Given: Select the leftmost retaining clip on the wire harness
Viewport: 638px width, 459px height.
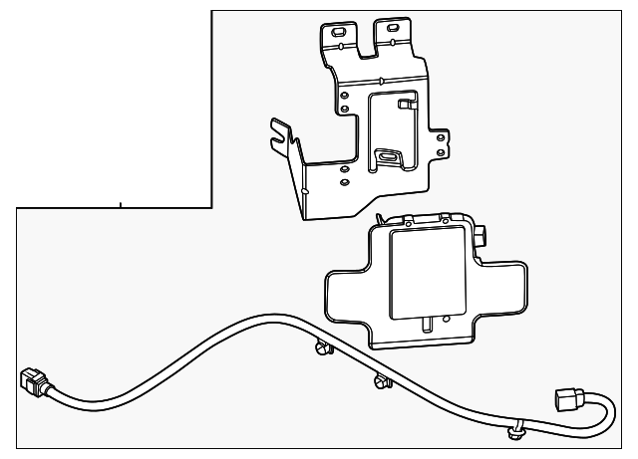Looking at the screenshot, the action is pyautogui.click(x=321, y=346).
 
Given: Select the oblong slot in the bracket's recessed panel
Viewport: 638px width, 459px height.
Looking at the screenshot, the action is pyautogui.click(x=388, y=156).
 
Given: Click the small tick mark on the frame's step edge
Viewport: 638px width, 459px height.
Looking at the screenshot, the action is pyautogui.click(x=121, y=205).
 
